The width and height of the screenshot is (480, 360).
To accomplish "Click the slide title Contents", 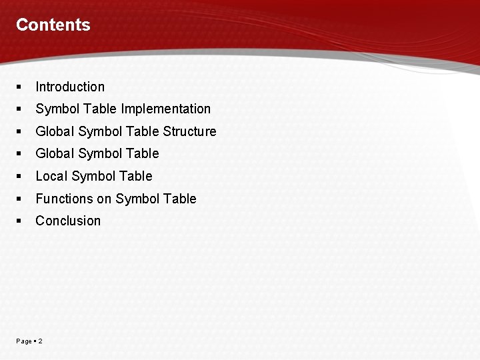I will pos(53,25).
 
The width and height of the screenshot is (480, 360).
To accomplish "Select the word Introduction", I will pos(70,87).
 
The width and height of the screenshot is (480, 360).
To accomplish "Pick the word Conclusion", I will pos(68,221).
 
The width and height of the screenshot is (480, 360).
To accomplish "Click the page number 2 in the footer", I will pos(41,341).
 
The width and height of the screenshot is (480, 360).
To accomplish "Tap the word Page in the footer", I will pos(23,341).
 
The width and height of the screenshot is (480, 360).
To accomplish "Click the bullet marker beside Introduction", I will pos(20,87).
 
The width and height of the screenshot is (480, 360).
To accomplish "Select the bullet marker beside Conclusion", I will pos(20,221).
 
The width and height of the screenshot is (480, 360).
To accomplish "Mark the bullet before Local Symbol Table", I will pos(20,176).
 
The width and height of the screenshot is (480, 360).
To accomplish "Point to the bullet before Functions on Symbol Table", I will pos(20,199).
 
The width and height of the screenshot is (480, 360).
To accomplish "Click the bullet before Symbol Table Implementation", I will pos(20,109).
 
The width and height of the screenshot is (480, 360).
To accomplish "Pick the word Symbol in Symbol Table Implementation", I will pos(57,109).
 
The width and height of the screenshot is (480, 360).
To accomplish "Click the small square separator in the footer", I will pos(35,341).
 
